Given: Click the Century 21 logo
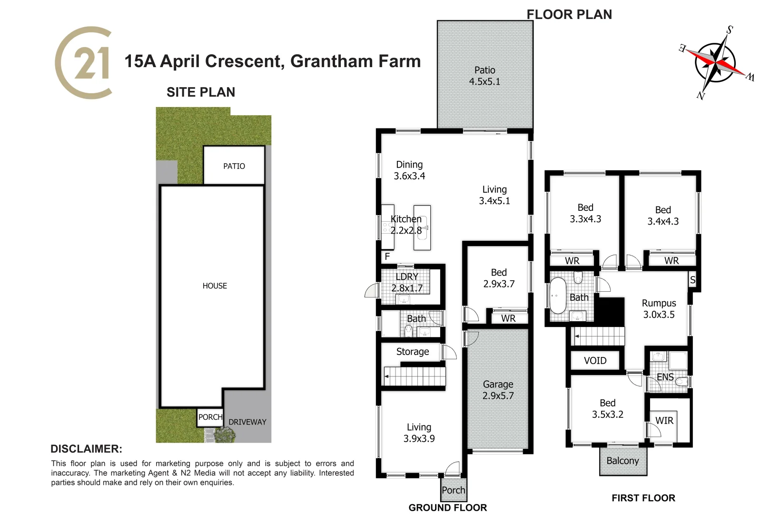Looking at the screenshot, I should pos(84,63).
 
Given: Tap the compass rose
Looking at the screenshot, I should pos(715,62).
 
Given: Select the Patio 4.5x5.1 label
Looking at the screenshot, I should pos(484,76).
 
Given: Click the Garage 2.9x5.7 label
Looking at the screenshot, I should pos(498,390).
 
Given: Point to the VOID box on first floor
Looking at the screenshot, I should pos(595,361).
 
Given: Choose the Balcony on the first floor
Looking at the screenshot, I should pos(623,461).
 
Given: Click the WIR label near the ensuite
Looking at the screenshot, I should pos(664,421).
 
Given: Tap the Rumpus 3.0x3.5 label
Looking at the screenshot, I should pos(659,309).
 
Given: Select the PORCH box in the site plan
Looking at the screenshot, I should pos(210,417).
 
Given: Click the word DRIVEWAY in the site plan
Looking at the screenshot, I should pos(247,422).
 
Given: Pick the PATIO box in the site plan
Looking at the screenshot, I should pos(234,166).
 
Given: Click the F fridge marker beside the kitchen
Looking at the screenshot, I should pos(387,257).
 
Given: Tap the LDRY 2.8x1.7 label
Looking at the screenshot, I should pos(407,282).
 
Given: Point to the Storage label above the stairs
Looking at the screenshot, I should pos(412,352).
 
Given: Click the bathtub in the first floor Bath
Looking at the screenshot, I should pos(557,296).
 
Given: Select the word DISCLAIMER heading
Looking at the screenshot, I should pos(86,449).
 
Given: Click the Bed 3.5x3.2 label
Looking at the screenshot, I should pos(607,409).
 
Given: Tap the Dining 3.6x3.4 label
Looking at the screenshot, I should pos(409,170).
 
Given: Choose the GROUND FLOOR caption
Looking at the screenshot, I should pos(447,508).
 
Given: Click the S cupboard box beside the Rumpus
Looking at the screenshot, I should pos(692,280).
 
